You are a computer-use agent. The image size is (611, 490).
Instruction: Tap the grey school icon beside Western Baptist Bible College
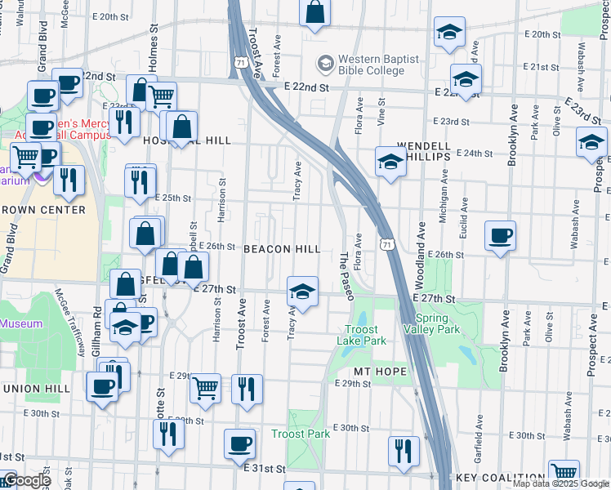click(326, 64)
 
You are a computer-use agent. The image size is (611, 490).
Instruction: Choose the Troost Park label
click(301, 434)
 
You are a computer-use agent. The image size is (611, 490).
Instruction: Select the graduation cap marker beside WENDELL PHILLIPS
click(390, 161)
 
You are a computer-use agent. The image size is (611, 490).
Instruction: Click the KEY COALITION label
click(501, 478)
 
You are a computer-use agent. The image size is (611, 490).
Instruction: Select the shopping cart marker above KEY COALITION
click(564, 472)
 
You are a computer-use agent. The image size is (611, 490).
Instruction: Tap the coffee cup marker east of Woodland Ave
click(500, 236)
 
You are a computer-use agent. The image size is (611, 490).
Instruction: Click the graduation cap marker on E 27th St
click(302, 292)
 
